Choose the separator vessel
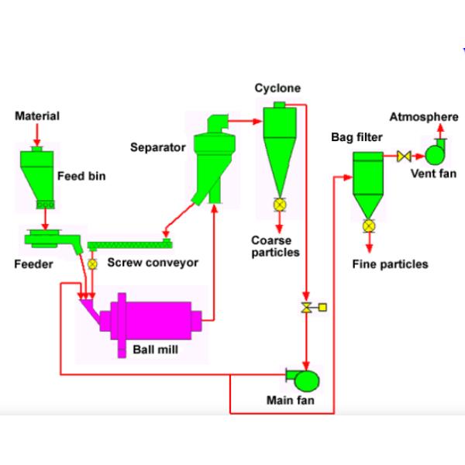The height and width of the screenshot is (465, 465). point(208,159)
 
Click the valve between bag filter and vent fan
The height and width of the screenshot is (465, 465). point(403,157)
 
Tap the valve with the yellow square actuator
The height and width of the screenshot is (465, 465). point(308,308)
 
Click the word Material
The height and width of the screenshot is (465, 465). point(37,116)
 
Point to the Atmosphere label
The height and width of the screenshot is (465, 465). point(423,117)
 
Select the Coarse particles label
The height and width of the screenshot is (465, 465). point(275,246)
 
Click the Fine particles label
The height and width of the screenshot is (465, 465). point(390,264)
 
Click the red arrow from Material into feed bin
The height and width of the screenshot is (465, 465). point(36,134)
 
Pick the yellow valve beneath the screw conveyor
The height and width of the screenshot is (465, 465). point(93,264)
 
